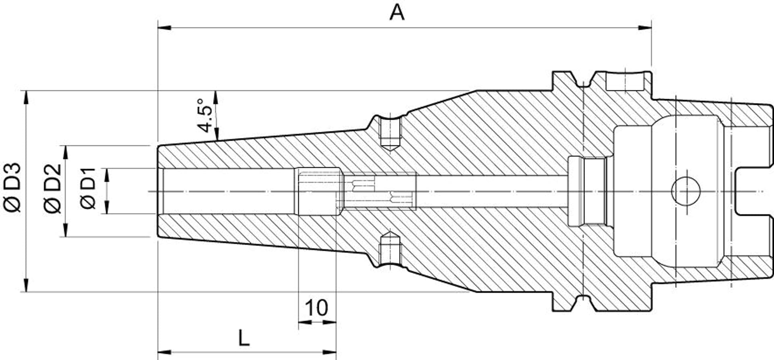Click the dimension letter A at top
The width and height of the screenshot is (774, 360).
click(x=397, y=13)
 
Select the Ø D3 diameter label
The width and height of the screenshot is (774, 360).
click(x=12, y=187)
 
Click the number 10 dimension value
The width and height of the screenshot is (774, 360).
click(x=316, y=308)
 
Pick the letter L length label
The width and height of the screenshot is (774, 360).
click(x=244, y=338)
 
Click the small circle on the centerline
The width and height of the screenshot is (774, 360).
click(x=685, y=191)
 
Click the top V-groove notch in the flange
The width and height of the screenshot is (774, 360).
click(x=583, y=83)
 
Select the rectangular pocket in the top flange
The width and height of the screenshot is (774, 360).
click(x=625, y=82)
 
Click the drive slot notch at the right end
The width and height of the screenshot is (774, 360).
click(x=754, y=191)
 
